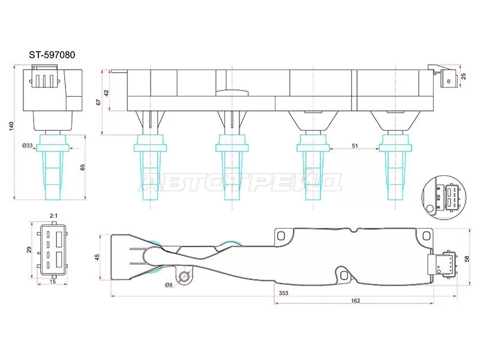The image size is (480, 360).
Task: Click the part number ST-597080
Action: pos(52,55)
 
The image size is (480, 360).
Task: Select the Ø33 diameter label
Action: pos(27,145)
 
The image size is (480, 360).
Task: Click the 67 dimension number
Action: pos(98,103)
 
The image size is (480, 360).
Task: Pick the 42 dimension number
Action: pos(107,93)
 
